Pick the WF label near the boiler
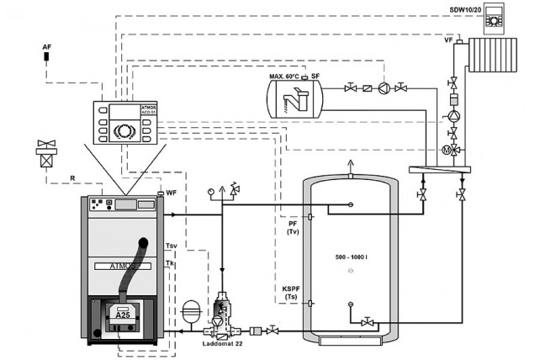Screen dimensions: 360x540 [171, 193]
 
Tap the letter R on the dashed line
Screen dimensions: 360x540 [72, 178]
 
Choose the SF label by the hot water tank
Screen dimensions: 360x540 [315, 77]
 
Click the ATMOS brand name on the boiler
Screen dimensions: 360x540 [117, 268]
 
